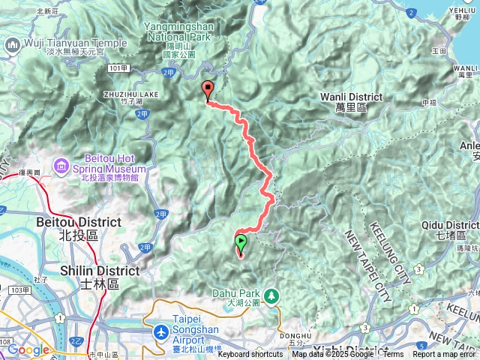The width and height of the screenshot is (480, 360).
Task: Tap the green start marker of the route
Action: click(241, 243)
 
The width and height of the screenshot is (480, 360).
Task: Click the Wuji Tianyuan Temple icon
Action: click(11, 45)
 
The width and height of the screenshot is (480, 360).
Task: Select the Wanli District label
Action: click(351, 97)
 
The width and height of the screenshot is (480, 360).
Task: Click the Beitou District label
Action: click(78, 223)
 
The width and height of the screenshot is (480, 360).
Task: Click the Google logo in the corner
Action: click(28, 349)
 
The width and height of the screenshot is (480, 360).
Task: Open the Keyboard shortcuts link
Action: click(250, 355)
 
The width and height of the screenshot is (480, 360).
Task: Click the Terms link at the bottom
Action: click(392, 355)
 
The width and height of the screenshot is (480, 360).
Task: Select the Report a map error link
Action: click(445, 355)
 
